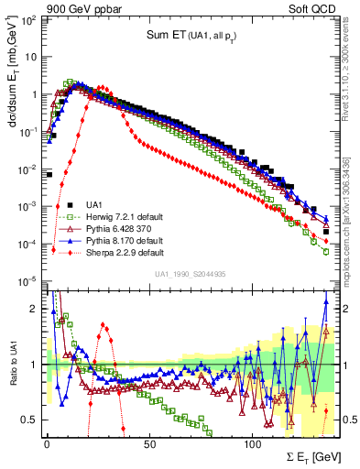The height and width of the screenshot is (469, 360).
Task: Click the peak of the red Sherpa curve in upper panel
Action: (103, 88)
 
